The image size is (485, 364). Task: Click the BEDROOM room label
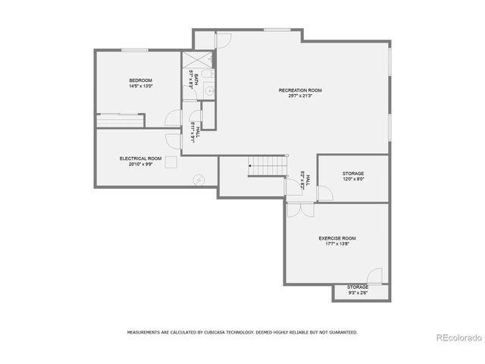[x=140, y=80]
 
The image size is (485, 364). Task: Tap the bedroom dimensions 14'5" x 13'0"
[x=140, y=86]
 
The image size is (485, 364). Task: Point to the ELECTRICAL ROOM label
[x=140, y=158]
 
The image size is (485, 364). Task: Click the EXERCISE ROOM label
[x=336, y=238]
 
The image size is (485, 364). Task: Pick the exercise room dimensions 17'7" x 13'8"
[x=336, y=244]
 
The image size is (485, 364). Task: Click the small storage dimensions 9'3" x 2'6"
[x=358, y=293]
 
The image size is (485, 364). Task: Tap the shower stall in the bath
[x=192, y=60]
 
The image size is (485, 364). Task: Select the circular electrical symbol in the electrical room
[x=199, y=180]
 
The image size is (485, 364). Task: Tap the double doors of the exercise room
[x=300, y=209]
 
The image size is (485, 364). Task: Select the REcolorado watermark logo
[x=455, y=337]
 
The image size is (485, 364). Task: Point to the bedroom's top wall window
[x=135, y=51]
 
